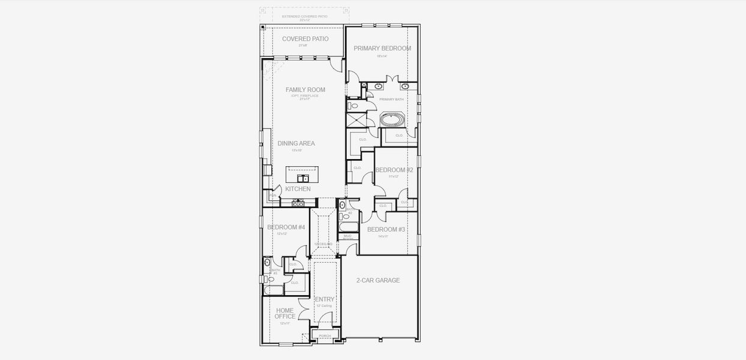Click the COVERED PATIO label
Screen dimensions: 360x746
[305, 39]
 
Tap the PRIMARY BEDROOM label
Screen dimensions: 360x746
[382, 49]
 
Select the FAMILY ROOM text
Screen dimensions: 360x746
[305, 90]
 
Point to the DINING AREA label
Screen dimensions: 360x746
[296, 143]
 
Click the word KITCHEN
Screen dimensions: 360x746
[298, 189]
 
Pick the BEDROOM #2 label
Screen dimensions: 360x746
[394, 170]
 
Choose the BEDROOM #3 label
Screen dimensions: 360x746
[386, 229]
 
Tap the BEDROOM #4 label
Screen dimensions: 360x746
[286, 227]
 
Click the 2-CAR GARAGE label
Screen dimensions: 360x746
[378, 280]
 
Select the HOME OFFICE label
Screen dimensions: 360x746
[284, 314]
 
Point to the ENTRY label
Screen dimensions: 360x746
[325, 299]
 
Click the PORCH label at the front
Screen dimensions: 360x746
[325, 336]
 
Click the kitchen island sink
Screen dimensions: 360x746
[303, 178]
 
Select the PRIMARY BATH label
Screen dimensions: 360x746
[391, 100]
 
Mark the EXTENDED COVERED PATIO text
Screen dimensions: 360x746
[305, 16]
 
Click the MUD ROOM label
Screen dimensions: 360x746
[348, 237]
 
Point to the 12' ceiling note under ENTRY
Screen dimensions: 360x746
[324, 306]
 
